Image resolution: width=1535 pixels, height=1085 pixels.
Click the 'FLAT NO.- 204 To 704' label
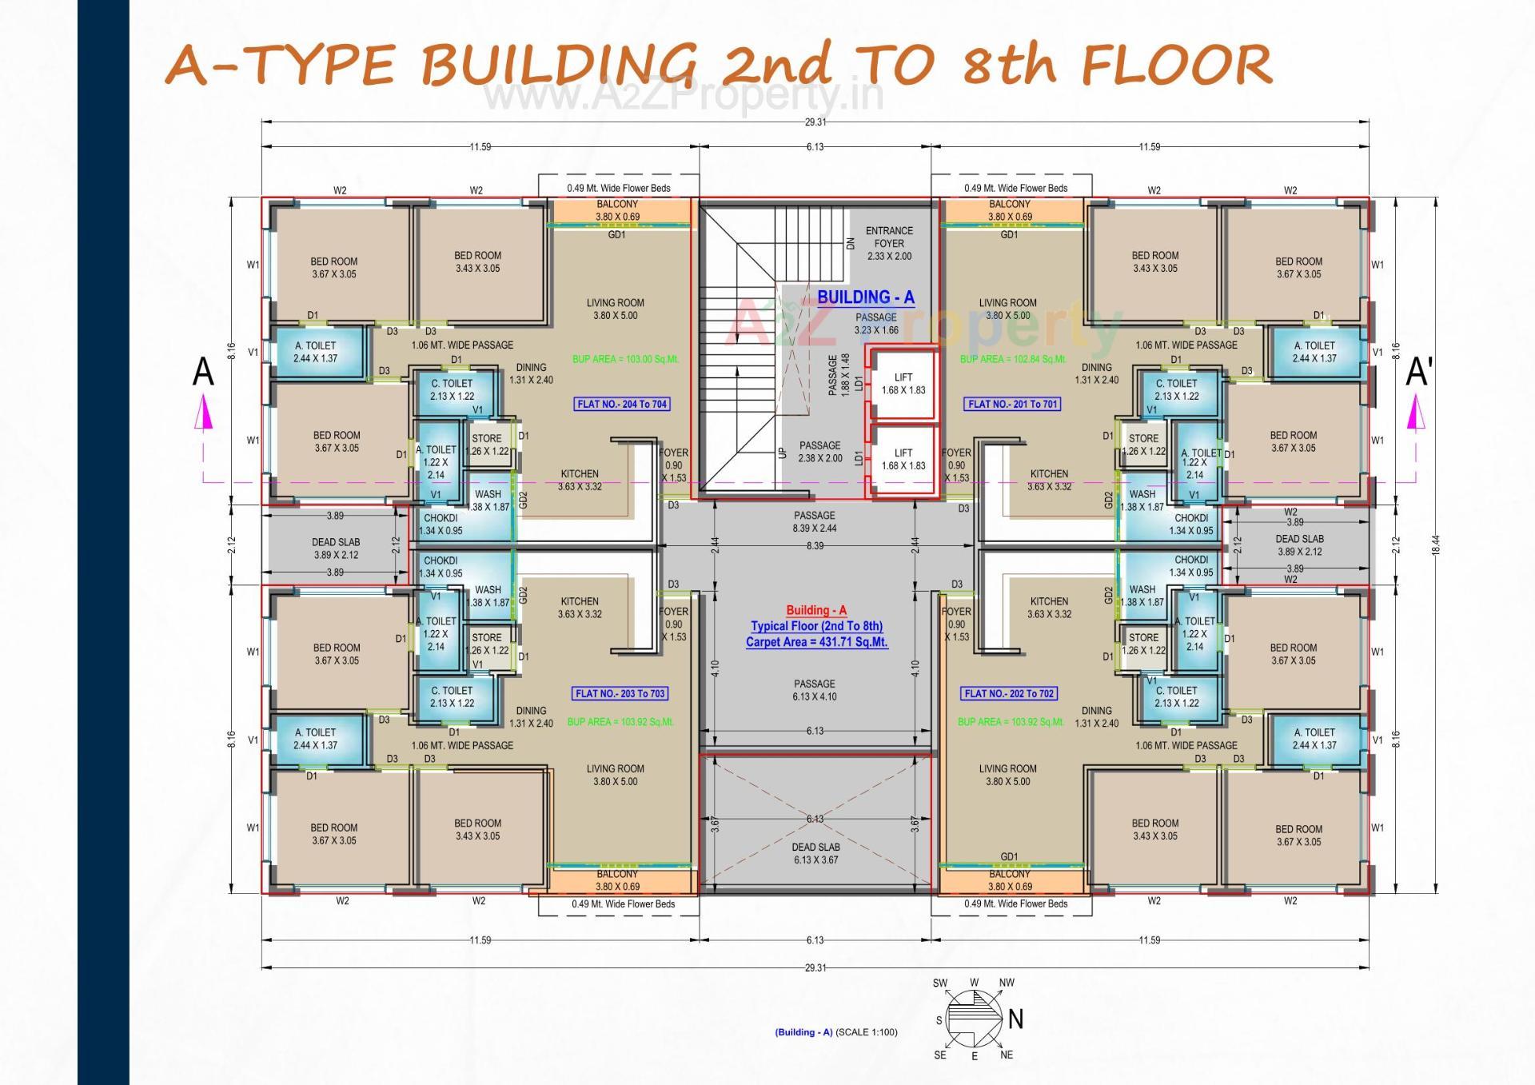click(x=622, y=405)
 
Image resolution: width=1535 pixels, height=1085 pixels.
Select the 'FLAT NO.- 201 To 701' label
click(x=1012, y=405)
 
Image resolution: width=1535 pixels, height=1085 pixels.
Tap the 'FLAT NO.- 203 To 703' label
click(x=620, y=694)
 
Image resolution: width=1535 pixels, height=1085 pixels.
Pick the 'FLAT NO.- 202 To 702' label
click(x=1011, y=694)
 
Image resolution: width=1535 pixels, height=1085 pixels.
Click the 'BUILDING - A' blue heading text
click(x=865, y=297)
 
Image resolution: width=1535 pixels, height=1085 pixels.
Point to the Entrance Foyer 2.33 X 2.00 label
click(x=889, y=243)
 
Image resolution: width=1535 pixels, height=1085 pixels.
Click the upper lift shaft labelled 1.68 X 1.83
click(x=903, y=384)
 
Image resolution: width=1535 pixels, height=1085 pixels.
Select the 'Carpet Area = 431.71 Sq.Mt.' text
click(x=816, y=642)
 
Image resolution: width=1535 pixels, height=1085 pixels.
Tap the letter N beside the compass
click(x=1015, y=1019)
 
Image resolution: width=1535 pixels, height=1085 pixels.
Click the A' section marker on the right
click(x=1419, y=373)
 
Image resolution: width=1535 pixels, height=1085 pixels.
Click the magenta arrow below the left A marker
click(x=204, y=415)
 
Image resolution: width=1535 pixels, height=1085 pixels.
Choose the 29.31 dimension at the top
click(x=815, y=122)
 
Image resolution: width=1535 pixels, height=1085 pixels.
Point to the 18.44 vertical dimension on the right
click(x=1436, y=545)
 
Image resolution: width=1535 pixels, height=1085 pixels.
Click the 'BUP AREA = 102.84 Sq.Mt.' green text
click(x=1012, y=360)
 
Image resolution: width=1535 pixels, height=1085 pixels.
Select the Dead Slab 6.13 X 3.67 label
click(x=815, y=854)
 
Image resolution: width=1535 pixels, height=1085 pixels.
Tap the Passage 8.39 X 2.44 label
click(x=815, y=522)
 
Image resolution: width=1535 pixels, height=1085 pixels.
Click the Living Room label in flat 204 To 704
click(x=615, y=309)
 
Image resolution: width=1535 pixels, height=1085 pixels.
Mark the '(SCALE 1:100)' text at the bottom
click(x=866, y=1032)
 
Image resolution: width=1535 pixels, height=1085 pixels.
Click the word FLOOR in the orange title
click(x=1175, y=66)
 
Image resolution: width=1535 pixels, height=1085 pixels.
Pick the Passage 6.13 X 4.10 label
click(x=815, y=691)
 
